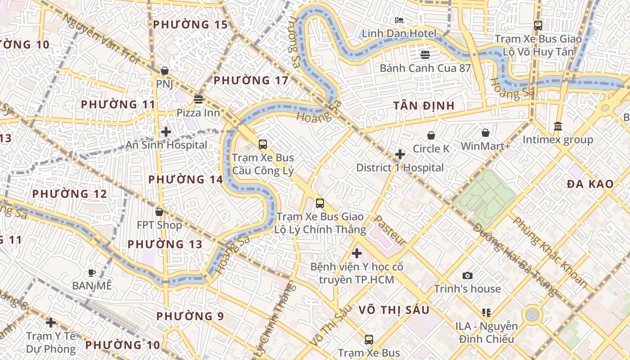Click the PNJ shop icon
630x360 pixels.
click(x=165, y=71)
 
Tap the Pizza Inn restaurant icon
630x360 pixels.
click(x=198, y=99)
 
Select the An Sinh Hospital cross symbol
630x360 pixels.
click(x=166, y=132)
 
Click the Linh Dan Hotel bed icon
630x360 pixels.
click(x=399, y=20)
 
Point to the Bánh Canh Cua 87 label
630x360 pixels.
click(x=425, y=68)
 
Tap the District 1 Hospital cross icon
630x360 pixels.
click(x=400, y=154)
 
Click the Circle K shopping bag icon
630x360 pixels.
click(x=431, y=135)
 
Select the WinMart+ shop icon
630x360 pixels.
click(x=486, y=133)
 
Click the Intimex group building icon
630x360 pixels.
click(x=558, y=126)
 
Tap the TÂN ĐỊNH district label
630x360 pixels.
click(x=424, y=106)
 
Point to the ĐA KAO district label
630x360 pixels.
click(x=590, y=184)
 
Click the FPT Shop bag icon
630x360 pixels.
click(x=159, y=212)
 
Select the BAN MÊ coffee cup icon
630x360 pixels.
click(x=92, y=273)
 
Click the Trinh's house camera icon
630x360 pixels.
click(x=468, y=275)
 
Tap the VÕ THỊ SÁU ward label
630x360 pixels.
click(x=394, y=310)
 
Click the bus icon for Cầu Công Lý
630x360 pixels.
click(x=263, y=144)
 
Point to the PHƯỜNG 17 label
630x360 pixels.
click(x=251, y=81)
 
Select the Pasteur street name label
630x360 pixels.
click(x=390, y=230)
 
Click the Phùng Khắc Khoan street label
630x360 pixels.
click(x=549, y=252)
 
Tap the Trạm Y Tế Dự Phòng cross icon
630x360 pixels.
click(x=51, y=323)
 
